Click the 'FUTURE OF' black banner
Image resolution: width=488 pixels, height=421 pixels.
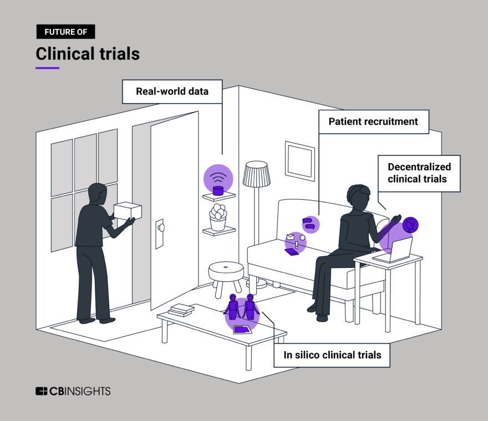tap(65, 32)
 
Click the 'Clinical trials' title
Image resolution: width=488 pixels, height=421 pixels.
tap(88, 54)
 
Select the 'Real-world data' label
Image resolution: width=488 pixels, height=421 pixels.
tap(172, 92)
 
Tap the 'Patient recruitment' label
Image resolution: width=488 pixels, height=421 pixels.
tap(373, 121)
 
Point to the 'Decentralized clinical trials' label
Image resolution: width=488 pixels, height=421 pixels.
tap(419, 173)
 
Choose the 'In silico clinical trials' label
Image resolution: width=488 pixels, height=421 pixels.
tap(332, 355)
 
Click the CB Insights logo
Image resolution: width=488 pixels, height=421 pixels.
tap(73, 391)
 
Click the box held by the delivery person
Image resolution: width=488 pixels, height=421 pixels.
tap(127, 211)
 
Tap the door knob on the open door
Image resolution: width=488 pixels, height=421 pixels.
tap(161, 227)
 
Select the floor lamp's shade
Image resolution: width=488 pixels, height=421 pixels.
tap(256, 173)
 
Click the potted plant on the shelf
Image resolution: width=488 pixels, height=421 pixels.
tap(218, 217)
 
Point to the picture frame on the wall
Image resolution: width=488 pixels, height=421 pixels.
tap(299, 158)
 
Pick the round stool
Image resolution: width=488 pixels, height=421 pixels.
tap(225, 273)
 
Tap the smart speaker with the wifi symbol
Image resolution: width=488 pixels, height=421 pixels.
tap(218, 190)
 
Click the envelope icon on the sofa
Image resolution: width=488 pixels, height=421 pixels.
tap(289, 237)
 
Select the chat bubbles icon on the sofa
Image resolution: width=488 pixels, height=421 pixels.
tap(309, 224)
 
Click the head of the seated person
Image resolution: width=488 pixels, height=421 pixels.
tap(358, 195)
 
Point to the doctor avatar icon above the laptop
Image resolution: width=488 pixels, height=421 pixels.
tap(410, 225)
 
